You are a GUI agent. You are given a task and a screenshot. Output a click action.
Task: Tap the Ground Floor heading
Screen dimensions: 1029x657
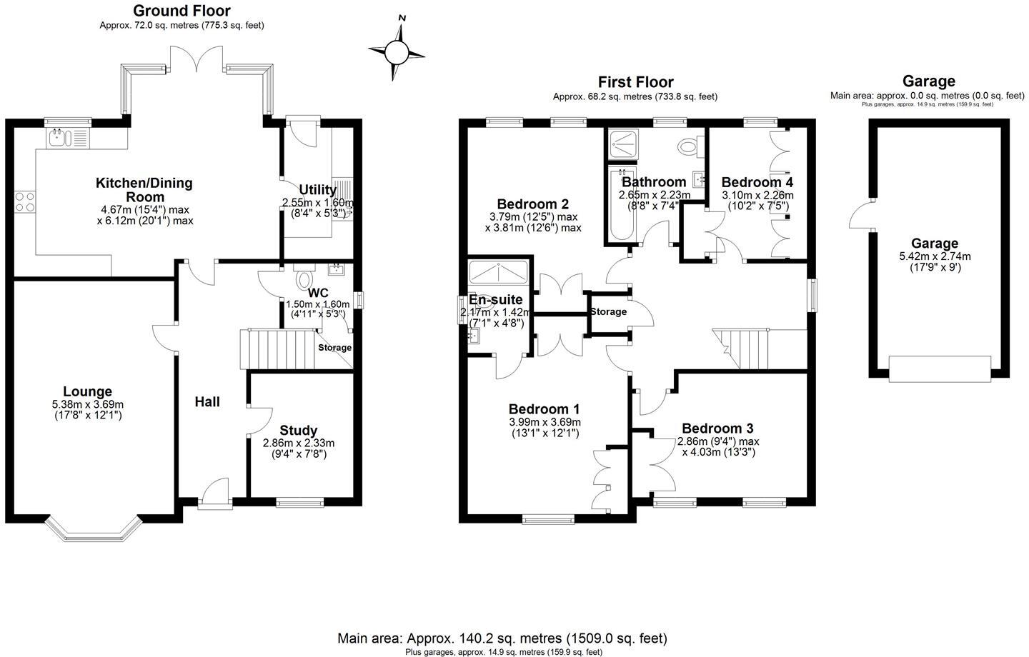[x=182, y=11]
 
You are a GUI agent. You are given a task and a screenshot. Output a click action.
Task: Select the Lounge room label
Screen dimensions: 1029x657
[x=87, y=391]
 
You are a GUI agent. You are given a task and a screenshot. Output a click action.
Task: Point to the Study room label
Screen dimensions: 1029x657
[x=298, y=430]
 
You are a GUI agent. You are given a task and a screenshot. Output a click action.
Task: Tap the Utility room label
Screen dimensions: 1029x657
[x=317, y=190]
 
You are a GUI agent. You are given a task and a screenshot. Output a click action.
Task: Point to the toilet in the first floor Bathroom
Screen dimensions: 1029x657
[x=687, y=147]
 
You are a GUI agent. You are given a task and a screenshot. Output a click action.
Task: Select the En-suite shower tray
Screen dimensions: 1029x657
[x=499, y=275]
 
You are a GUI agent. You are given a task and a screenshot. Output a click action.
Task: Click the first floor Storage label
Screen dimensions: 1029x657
[x=608, y=311]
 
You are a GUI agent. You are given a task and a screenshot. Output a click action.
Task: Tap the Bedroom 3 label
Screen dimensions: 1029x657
[x=717, y=428]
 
